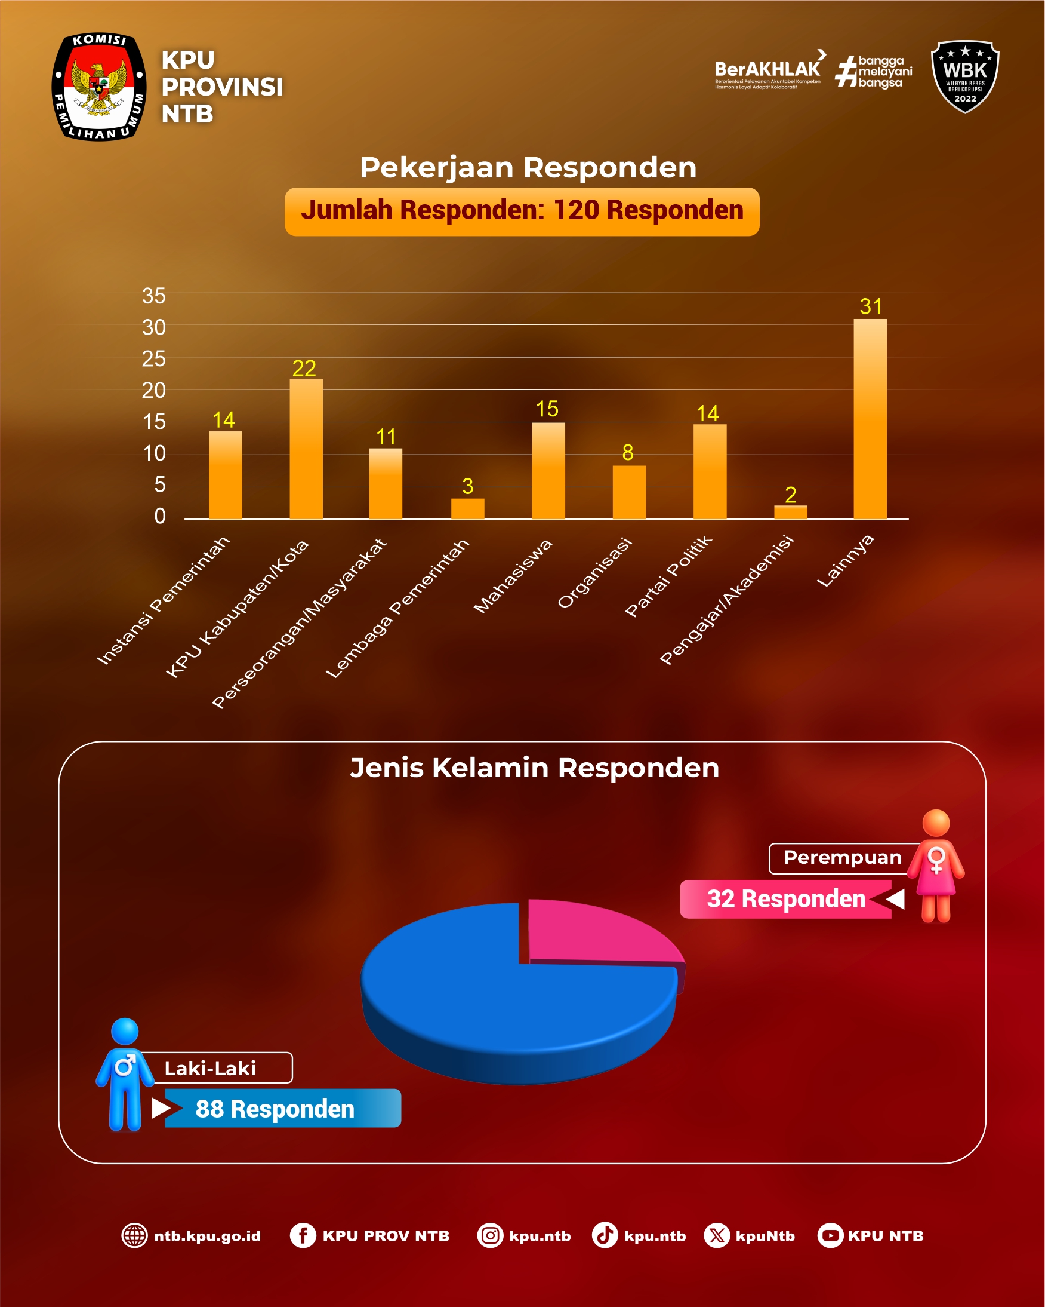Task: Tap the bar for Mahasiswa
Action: (x=548, y=471)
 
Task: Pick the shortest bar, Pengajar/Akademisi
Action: (x=791, y=513)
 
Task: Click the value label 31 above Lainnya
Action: (x=871, y=307)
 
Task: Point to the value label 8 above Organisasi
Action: (x=628, y=452)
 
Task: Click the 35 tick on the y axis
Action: (x=154, y=296)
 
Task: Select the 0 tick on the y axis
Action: (x=159, y=516)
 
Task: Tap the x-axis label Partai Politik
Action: (x=668, y=576)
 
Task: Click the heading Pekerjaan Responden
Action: (x=528, y=167)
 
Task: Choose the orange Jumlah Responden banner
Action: (x=522, y=211)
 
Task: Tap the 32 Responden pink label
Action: (x=786, y=899)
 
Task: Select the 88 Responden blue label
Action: (x=275, y=1109)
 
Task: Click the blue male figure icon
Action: (x=125, y=1074)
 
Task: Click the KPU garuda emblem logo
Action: (x=98, y=87)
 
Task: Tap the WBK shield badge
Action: (x=964, y=76)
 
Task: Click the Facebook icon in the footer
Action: (x=303, y=1235)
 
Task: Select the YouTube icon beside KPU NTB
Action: (x=830, y=1235)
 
